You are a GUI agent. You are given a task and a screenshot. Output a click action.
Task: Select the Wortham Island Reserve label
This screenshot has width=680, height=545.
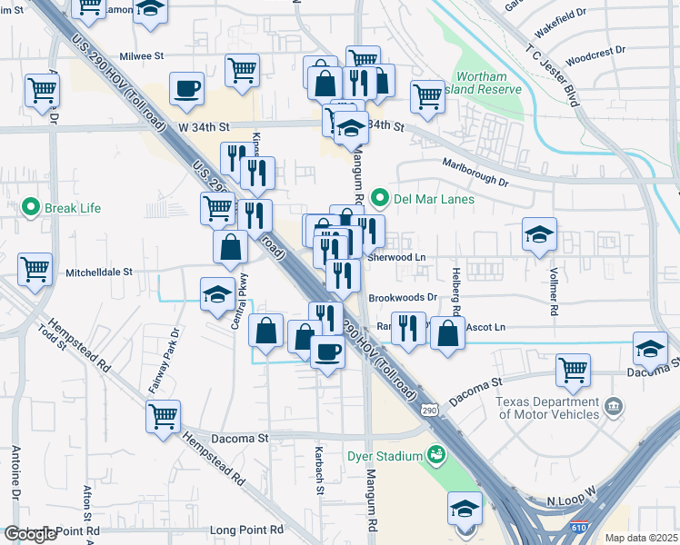[x=488, y=83]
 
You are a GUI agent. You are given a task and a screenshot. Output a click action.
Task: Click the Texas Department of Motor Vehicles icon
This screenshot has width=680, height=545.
[x=614, y=404]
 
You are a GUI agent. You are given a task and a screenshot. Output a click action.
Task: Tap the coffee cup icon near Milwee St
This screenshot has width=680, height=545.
[x=186, y=89]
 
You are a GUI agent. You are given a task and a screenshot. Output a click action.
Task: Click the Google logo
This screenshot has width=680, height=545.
[x=30, y=534]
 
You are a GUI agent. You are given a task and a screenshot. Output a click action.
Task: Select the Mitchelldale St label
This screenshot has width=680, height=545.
[x=99, y=272]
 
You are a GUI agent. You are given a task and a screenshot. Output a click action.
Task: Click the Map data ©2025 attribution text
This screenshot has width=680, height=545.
[x=641, y=538]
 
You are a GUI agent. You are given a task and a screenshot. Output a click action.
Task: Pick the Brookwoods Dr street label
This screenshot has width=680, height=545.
[x=404, y=297]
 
